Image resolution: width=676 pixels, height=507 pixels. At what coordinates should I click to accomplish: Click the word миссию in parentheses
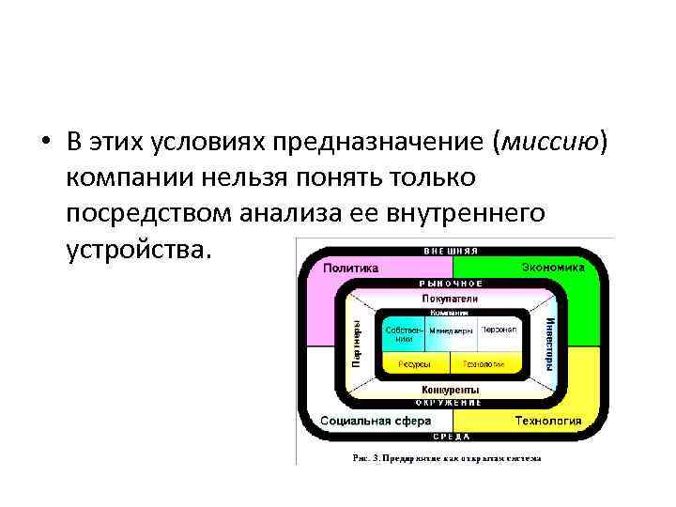click(x=552, y=142)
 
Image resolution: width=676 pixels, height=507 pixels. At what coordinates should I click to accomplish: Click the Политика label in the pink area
click(x=350, y=268)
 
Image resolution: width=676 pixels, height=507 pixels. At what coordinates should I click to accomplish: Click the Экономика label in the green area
click(x=552, y=268)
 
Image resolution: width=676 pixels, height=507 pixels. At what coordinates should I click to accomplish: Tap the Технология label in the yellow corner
click(x=547, y=421)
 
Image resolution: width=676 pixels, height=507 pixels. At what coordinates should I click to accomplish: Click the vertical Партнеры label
click(x=357, y=343)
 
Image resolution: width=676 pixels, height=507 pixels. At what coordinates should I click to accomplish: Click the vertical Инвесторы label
click(x=549, y=343)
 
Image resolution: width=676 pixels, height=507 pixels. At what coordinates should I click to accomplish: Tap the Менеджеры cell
click(x=452, y=331)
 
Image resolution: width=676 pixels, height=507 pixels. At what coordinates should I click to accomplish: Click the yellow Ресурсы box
click(x=415, y=363)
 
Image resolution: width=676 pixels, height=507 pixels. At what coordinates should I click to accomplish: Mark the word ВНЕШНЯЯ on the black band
click(x=452, y=252)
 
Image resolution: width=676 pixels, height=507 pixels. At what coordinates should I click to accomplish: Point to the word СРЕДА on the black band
click(x=451, y=437)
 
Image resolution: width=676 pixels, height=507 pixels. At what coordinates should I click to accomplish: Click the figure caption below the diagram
click(x=446, y=458)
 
